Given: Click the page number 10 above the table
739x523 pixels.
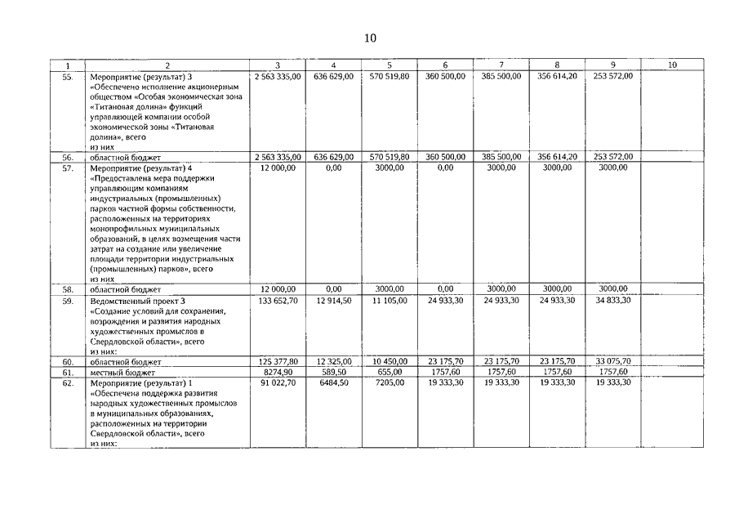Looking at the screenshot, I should pos(369,38).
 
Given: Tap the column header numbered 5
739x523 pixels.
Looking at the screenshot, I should pos(389,65).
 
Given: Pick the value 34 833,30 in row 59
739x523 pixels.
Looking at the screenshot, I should pos(613,301).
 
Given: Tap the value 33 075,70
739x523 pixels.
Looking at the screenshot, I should pos(613,361).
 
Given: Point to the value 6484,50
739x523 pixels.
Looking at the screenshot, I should pos(339,383).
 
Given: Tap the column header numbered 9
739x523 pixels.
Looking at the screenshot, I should pos(612,65).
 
